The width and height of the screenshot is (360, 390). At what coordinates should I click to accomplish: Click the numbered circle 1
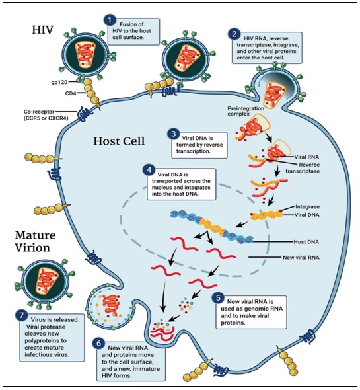(x=110, y=19)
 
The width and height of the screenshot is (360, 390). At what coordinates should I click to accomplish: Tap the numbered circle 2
(x=234, y=34)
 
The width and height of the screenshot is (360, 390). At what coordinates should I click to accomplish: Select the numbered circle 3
(x=173, y=134)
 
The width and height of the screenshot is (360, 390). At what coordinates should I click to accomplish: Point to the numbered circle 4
(x=149, y=170)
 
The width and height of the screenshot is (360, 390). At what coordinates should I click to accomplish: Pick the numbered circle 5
(x=218, y=297)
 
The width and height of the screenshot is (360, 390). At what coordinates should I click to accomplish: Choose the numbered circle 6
(x=98, y=344)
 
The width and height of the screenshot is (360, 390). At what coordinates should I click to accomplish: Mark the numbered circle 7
(x=22, y=315)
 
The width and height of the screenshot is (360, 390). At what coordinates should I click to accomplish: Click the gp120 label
(x=59, y=82)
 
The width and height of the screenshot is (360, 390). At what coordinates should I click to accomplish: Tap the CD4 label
(x=71, y=93)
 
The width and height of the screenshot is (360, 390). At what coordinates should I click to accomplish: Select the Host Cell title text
(x=119, y=141)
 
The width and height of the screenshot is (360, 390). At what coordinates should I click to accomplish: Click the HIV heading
(x=42, y=30)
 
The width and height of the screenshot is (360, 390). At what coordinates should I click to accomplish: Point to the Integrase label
(x=307, y=207)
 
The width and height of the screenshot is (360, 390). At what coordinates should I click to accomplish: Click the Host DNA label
(x=306, y=241)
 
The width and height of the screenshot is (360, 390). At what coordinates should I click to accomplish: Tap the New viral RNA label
(x=301, y=257)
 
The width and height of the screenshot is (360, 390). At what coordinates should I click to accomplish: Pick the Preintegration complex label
(x=246, y=111)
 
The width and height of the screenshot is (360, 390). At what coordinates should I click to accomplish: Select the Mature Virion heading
(x=35, y=241)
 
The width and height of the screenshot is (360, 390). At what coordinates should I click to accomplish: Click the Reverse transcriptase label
(x=303, y=168)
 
